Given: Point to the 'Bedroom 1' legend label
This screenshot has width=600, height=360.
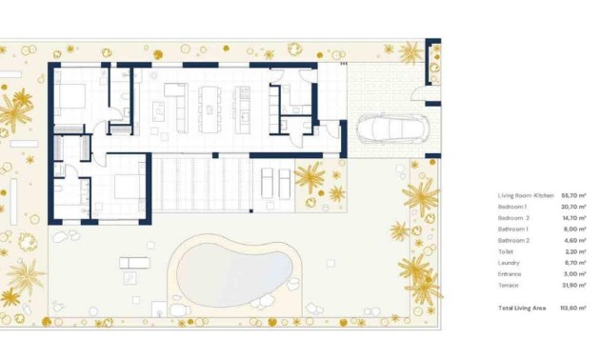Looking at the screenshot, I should pyautogui.click(x=512, y=207).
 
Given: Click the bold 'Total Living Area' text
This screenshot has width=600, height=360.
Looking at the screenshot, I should pyautogui.click(x=523, y=309).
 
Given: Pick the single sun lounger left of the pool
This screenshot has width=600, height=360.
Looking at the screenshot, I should pyautogui.click(x=134, y=263).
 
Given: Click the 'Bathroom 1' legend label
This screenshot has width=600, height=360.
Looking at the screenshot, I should pyautogui.click(x=514, y=229).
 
